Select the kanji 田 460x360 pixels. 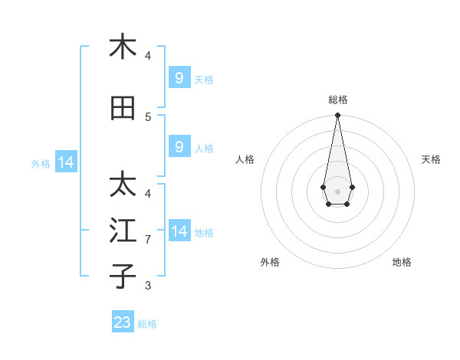pyautogui.click(x=123, y=109)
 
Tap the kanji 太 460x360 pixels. pyautogui.click(x=123, y=185)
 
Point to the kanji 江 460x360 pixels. pyautogui.click(x=123, y=231)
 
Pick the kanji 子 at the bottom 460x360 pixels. pyautogui.click(x=123, y=276)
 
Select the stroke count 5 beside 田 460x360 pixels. pyautogui.click(x=148, y=116)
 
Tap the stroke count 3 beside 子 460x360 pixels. pyautogui.click(x=148, y=286)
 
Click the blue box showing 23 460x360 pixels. pyautogui.click(x=123, y=322)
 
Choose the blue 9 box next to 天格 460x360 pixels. pyautogui.click(x=179, y=77)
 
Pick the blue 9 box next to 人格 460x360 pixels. pyautogui.click(x=179, y=147)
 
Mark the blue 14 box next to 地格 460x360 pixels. pyautogui.click(x=179, y=231)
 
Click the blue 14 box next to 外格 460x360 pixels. pyautogui.click(x=66, y=162)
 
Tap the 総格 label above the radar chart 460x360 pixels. pyautogui.click(x=338, y=100)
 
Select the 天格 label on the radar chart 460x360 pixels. pyautogui.click(x=431, y=159)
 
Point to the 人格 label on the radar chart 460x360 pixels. pyautogui.click(x=245, y=159)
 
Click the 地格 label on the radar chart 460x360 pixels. pyautogui.click(x=402, y=262)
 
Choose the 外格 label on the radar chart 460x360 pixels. pyautogui.click(x=270, y=262)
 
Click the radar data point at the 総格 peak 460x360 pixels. pyautogui.click(x=337, y=115)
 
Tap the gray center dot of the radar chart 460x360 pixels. pyautogui.click(x=337, y=190)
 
